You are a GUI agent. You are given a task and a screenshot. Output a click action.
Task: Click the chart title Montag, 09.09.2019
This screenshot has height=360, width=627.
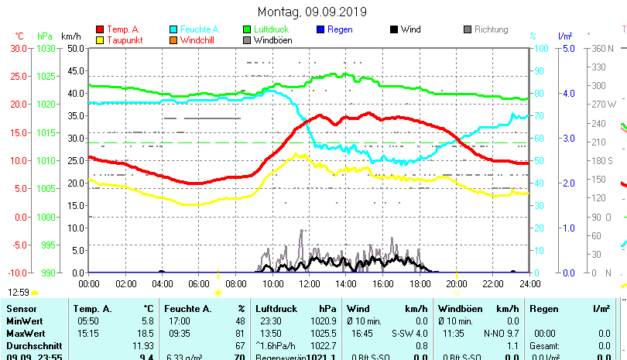313,12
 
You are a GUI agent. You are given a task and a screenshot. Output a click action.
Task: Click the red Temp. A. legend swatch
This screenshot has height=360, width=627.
99,29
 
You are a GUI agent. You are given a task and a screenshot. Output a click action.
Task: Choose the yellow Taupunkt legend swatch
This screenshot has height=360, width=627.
99,39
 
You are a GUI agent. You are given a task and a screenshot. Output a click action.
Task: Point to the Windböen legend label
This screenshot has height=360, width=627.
272,40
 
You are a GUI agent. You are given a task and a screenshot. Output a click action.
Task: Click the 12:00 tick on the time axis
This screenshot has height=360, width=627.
309,283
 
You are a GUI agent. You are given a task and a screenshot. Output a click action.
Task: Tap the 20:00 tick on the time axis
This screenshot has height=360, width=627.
456,283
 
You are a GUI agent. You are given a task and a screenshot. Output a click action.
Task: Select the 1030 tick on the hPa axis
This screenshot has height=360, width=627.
46,48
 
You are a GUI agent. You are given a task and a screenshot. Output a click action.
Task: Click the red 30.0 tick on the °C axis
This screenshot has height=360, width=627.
18,48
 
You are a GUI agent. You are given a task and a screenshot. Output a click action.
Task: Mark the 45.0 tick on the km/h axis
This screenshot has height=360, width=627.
75,70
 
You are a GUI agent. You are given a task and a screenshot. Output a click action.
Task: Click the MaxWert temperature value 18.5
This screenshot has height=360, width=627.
146,332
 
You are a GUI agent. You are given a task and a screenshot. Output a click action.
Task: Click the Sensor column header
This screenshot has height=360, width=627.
22,309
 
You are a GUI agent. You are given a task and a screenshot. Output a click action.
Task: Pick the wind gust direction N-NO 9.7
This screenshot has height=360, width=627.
502,332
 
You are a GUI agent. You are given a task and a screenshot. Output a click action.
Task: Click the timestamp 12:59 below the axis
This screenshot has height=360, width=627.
19,292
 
